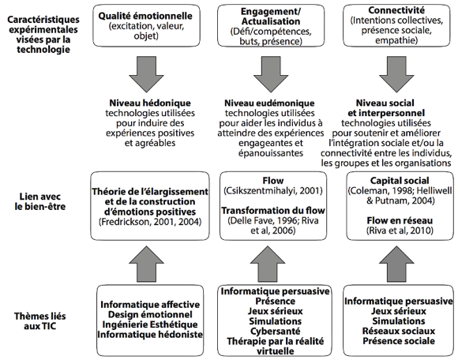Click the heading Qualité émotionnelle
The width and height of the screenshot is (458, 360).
tap(145, 16)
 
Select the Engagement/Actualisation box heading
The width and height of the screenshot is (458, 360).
tap(271, 17)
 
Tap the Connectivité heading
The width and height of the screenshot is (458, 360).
tap(396, 10)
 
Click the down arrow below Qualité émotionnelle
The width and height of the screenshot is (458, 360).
tap(146, 74)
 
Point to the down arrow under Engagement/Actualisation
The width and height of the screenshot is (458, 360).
tap(271, 74)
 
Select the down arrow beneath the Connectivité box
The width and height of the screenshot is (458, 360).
tap(396, 74)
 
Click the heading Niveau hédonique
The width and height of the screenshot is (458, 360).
tap(150, 103)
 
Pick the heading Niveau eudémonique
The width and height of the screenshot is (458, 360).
tap(269, 103)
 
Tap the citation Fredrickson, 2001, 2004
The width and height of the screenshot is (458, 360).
tap(150, 222)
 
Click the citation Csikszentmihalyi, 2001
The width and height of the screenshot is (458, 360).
tap(273, 191)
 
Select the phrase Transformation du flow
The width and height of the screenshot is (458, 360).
tap(273, 211)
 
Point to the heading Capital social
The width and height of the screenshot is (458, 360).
tap(400, 181)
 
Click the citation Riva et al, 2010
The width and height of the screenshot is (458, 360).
tap(400, 231)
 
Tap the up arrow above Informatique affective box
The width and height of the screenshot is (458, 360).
tap(146, 264)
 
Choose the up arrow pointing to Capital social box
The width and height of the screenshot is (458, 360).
tap(396, 264)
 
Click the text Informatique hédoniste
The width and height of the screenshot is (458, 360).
tap(150, 335)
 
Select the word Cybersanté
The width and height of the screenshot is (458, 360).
tap(275, 332)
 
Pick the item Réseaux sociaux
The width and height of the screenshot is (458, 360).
tap(399, 331)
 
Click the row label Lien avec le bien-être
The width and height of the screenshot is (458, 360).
tap(40, 201)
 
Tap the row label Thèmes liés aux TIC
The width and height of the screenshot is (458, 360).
tap(40, 321)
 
